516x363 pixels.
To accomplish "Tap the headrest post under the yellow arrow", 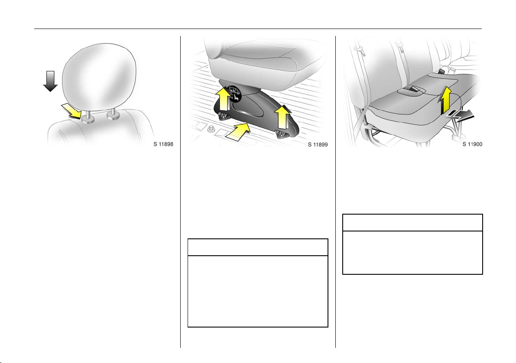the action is tap(88, 117).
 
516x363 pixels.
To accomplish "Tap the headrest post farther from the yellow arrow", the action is tap(114, 113).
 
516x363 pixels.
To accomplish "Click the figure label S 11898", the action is tap(163, 144).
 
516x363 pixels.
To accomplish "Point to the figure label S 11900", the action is tap(473, 144).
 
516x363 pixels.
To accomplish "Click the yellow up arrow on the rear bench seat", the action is tap(445, 100).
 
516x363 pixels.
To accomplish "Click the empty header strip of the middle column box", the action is tap(258, 247).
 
